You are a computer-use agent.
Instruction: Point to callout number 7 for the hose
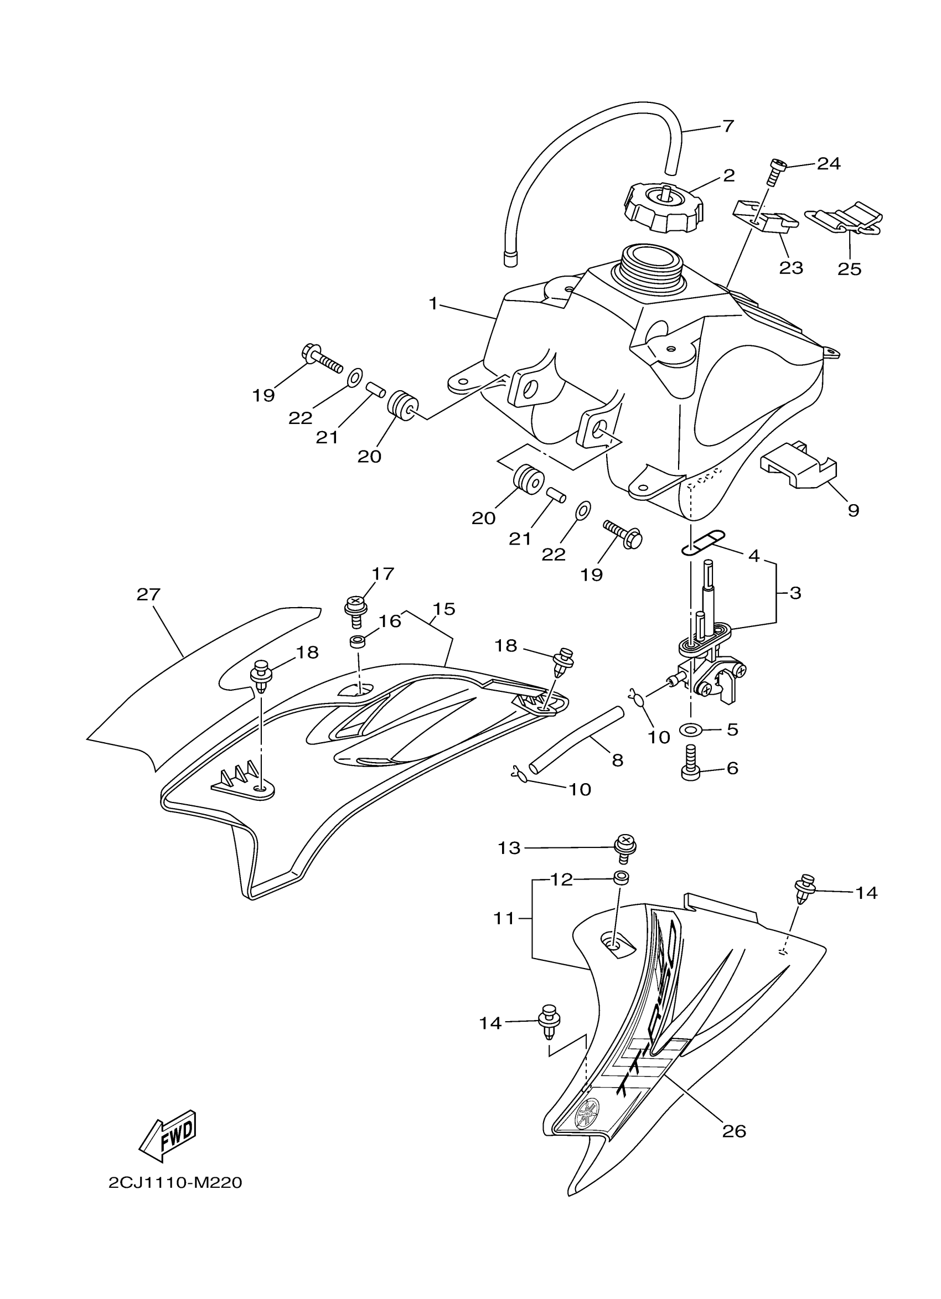pyautogui.click(x=728, y=126)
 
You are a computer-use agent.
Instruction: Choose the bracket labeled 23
pyautogui.click(x=765, y=220)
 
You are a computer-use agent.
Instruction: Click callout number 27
pyautogui.click(x=148, y=594)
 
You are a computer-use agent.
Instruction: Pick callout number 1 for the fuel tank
pyautogui.click(x=433, y=303)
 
